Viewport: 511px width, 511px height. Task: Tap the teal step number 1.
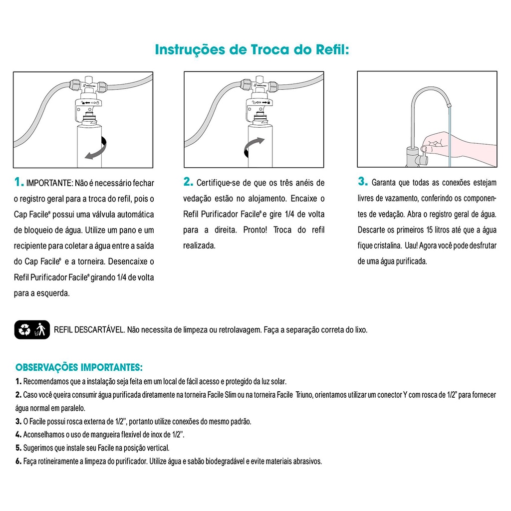[x=19, y=183]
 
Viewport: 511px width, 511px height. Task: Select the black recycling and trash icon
[x=32, y=329]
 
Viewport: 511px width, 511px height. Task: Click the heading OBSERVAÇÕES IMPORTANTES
[x=79, y=368]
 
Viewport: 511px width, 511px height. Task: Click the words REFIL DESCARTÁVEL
[x=89, y=330]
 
